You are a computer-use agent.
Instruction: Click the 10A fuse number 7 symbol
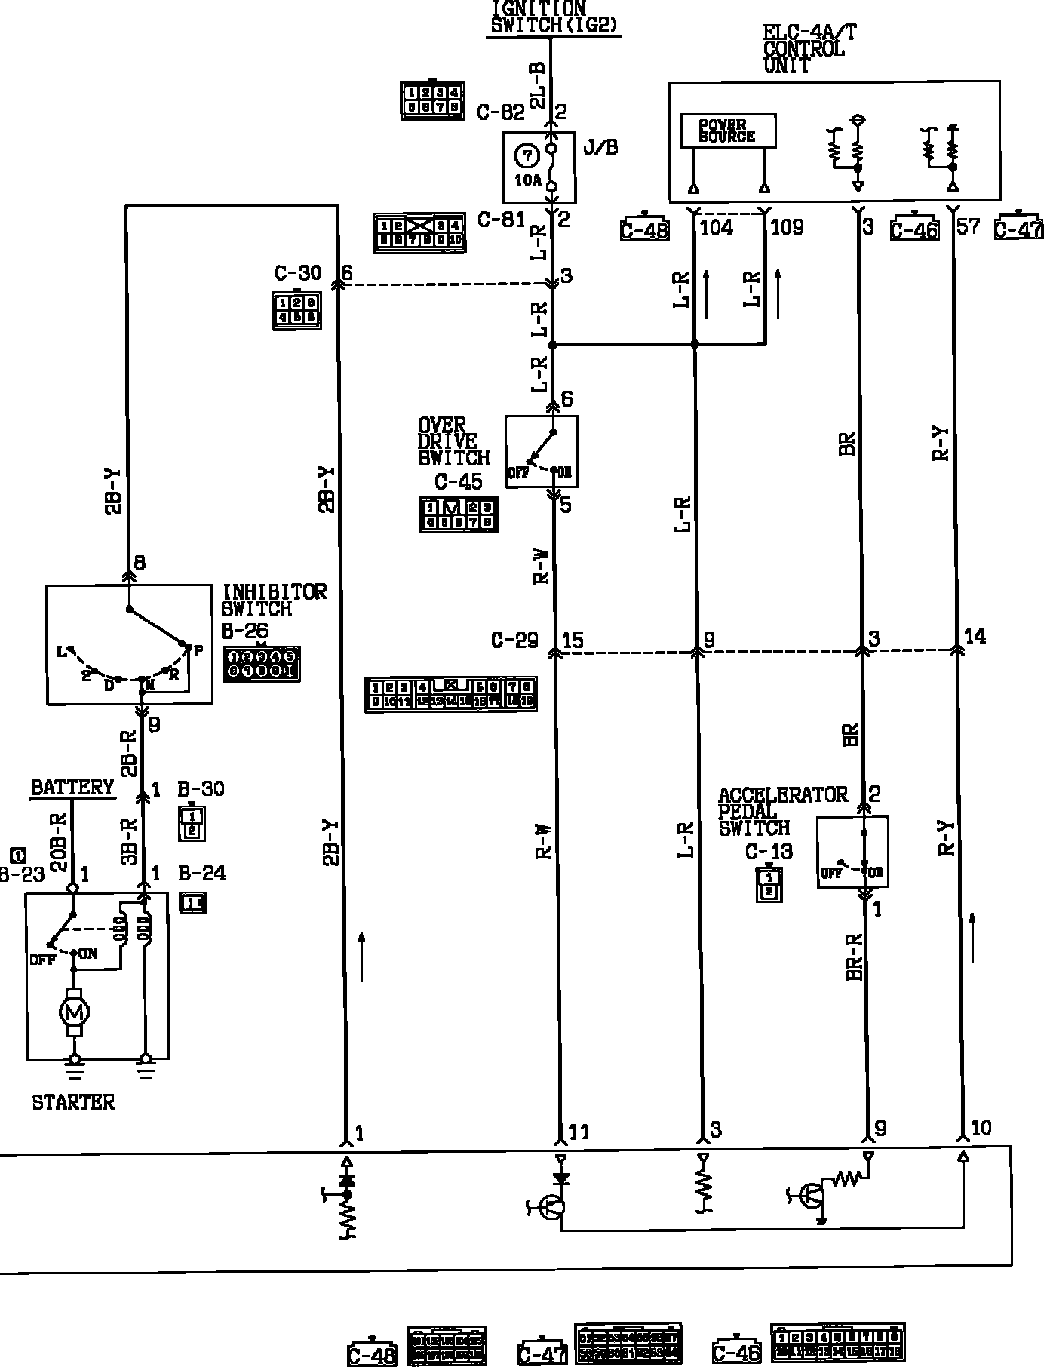tap(527, 156)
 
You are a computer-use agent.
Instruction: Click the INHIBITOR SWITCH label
tap(274, 600)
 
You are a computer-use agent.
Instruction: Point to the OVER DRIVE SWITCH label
tap(453, 442)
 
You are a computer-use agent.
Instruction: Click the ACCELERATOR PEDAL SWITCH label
tap(781, 812)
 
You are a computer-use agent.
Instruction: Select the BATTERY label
tap(72, 788)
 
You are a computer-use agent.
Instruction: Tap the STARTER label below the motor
tap(73, 1102)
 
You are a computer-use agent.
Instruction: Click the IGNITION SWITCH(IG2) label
tap(554, 17)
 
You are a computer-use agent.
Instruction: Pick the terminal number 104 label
tap(716, 227)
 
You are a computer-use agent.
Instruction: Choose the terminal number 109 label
tap(787, 227)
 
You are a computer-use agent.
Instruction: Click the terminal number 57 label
tap(968, 226)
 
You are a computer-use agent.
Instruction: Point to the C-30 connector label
tap(298, 273)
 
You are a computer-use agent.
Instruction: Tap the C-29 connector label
tap(514, 640)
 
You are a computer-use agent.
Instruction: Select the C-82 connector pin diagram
tap(431, 100)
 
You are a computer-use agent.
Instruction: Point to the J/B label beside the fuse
tap(600, 147)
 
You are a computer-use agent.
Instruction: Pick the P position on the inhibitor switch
tap(198, 650)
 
